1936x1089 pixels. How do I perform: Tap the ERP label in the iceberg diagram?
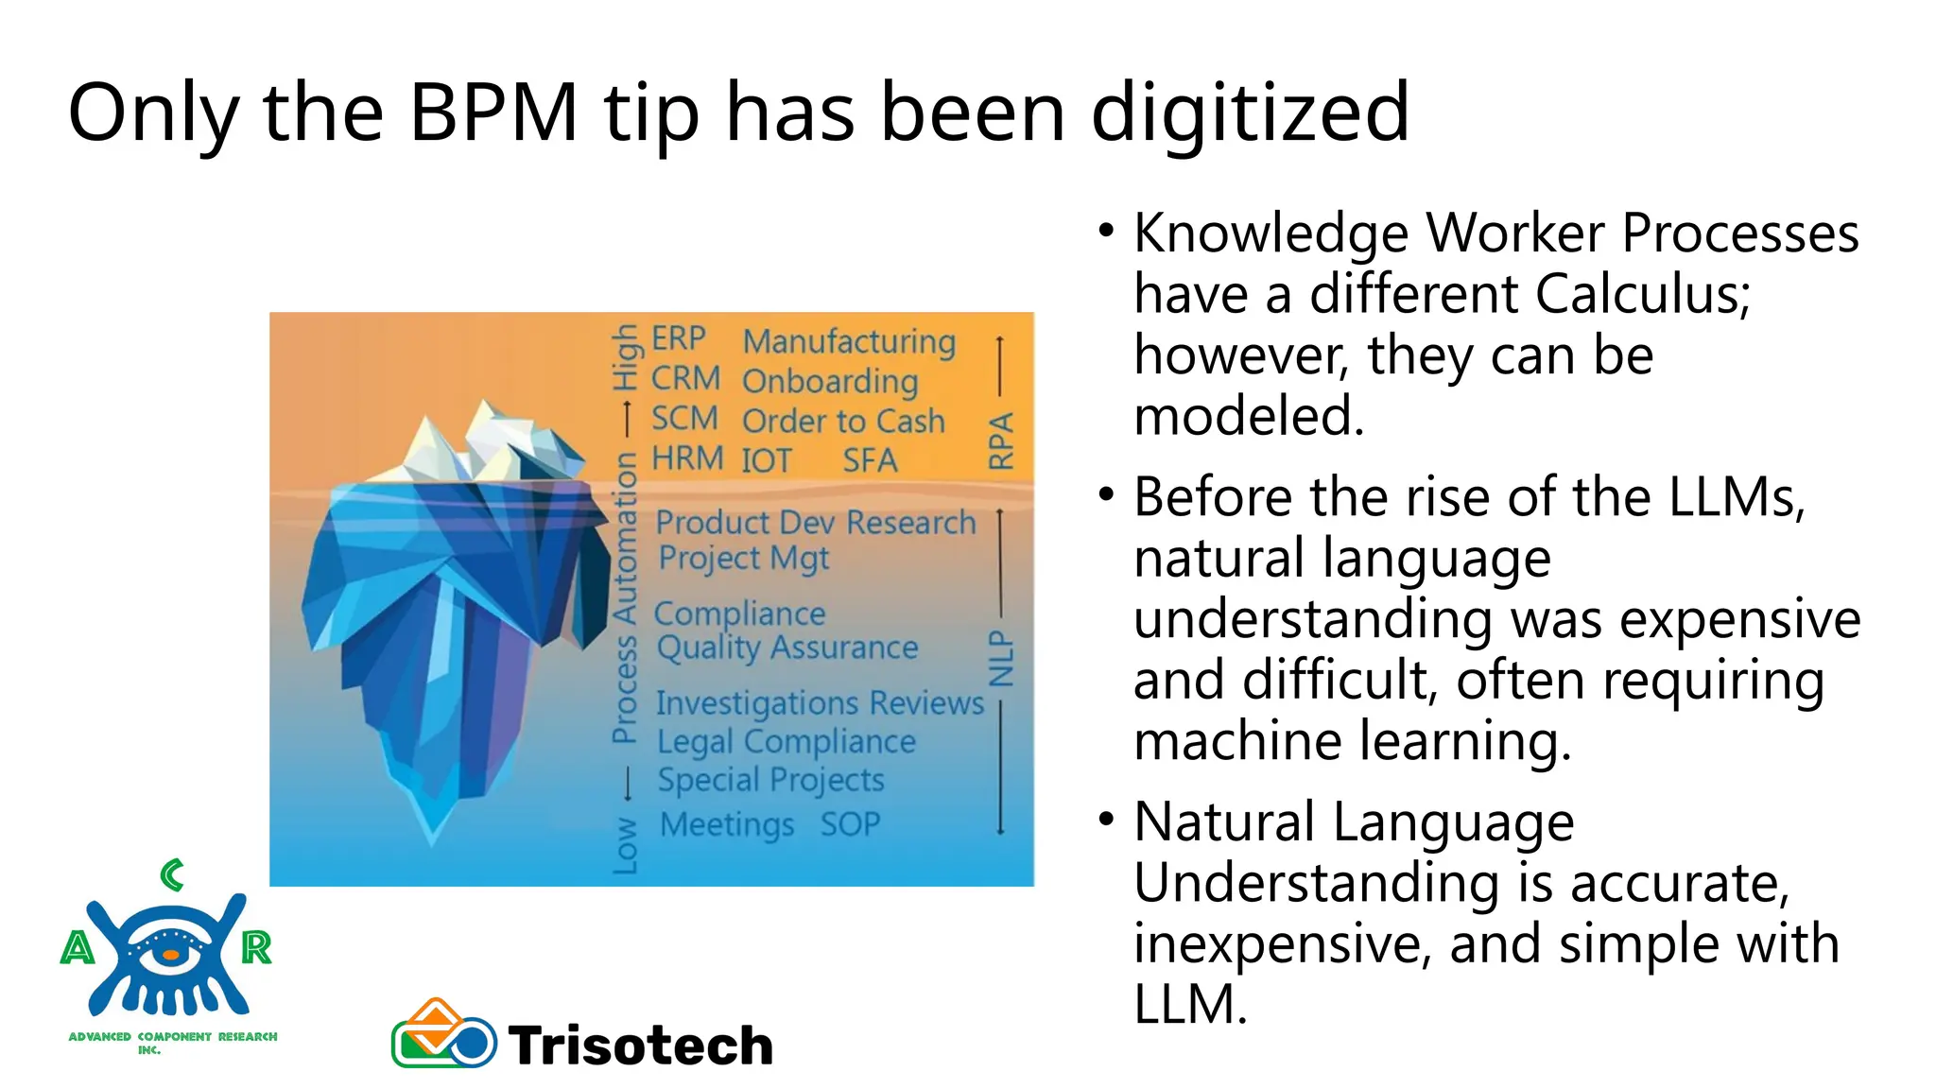coord(678,338)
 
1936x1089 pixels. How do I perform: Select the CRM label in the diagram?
coord(685,378)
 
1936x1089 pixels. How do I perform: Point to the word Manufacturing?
coord(849,341)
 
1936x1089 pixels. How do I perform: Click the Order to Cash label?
coord(843,421)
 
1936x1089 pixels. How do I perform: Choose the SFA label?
coord(870,460)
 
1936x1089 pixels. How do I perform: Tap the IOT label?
coord(766,461)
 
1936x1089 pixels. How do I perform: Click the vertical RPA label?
coord(1000,441)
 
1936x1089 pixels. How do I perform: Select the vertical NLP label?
coord(1000,659)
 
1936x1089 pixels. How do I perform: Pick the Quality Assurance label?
coord(787,648)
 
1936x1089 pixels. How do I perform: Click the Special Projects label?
coord(770,780)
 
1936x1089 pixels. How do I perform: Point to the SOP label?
coord(850,824)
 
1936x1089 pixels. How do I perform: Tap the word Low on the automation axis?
coord(625,844)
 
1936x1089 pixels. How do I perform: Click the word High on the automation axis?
coord(625,357)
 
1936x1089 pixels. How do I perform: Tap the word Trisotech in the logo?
coord(641,1046)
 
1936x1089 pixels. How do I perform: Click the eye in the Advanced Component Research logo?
coord(170,953)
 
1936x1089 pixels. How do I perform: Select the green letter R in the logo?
coord(256,947)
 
